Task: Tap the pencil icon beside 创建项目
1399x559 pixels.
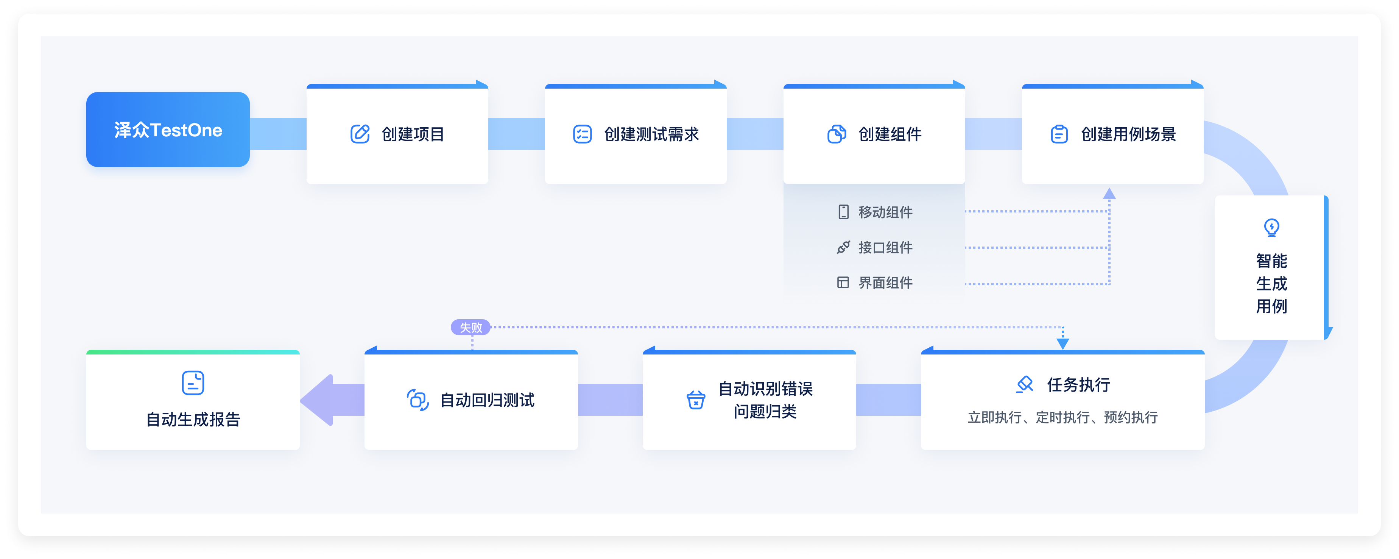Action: pyautogui.click(x=360, y=134)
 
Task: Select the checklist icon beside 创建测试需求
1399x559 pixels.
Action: pyautogui.click(x=582, y=134)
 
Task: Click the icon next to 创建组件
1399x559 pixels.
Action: pyautogui.click(x=837, y=134)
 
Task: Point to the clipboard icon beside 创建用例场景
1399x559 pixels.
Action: pyautogui.click(x=1059, y=134)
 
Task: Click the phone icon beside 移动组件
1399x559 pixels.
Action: pyautogui.click(x=843, y=212)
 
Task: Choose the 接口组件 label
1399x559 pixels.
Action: pyautogui.click(x=885, y=248)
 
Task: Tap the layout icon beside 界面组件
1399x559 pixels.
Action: pyautogui.click(x=843, y=283)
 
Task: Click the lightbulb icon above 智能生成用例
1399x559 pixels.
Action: pyautogui.click(x=1271, y=227)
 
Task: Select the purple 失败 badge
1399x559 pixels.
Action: pyautogui.click(x=470, y=327)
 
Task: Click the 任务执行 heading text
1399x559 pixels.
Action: pyautogui.click(x=1078, y=385)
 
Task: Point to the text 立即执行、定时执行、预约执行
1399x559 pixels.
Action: pyautogui.click(x=1062, y=417)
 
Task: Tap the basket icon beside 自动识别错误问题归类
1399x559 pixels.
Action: pyautogui.click(x=696, y=400)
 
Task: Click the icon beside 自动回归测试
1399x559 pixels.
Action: pyautogui.click(x=418, y=400)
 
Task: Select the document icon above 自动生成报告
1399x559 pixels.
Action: pyautogui.click(x=193, y=383)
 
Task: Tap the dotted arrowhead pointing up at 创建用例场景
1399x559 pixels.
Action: pyautogui.click(x=1109, y=194)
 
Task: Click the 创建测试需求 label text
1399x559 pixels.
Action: pyautogui.click(x=651, y=134)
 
